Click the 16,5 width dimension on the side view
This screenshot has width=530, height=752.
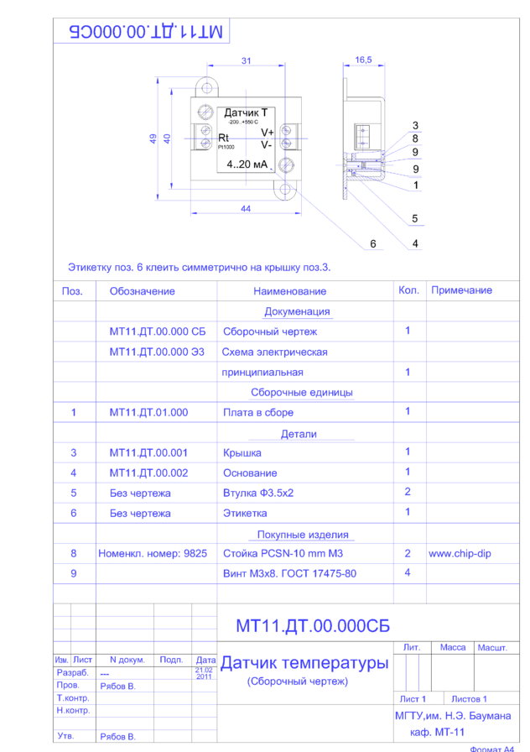pyautogui.click(x=363, y=60)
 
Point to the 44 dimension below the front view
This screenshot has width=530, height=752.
pyautogui.click(x=246, y=209)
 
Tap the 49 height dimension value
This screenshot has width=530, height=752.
pyautogui.click(x=153, y=138)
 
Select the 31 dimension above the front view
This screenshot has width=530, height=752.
pyautogui.click(x=246, y=61)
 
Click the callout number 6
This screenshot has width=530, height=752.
pyautogui.click(x=373, y=244)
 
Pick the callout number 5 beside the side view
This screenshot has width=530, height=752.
pyautogui.click(x=415, y=219)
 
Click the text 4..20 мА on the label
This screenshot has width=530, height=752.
pyautogui.click(x=247, y=164)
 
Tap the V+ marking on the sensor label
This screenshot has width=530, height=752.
pyautogui.click(x=267, y=133)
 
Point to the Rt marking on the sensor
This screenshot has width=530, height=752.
pyautogui.click(x=223, y=138)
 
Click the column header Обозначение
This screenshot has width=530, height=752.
pyautogui.click(x=142, y=291)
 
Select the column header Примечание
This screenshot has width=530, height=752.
pyautogui.click(x=461, y=290)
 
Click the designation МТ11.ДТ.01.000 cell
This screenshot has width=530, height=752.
pyautogui.click(x=148, y=412)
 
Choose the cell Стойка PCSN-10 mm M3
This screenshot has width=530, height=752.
pyautogui.click(x=283, y=554)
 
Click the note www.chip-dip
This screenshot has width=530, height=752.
pyautogui.click(x=459, y=554)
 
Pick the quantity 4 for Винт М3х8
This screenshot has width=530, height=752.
pyautogui.click(x=408, y=573)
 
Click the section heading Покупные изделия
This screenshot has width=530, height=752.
pyautogui.click(x=303, y=535)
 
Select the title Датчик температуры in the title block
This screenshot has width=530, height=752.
pyautogui.click(x=304, y=663)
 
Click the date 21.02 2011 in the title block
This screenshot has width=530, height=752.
pyautogui.click(x=204, y=673)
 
